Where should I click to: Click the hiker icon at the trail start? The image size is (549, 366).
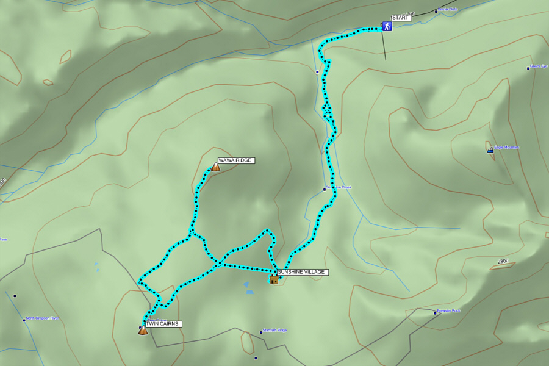tap(387, 26)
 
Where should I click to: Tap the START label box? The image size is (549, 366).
tap(401, 18)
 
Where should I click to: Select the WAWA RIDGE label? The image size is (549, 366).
tap(235, 160)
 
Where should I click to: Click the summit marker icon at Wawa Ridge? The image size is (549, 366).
tap(215, 167)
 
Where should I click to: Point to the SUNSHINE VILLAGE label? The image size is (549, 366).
tap(302, 272)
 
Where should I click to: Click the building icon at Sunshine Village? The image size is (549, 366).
tap(274, 279)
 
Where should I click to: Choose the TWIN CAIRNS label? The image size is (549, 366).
tap(163, 324)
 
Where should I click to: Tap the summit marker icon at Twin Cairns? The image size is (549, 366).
tap(143, 331)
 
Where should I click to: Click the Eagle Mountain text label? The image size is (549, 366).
tap(506, 147)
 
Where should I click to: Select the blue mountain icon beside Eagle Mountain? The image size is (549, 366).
tap(490, 150)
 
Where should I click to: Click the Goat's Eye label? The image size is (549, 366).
tap(539, 66)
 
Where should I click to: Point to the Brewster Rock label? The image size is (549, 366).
tap(448, 311)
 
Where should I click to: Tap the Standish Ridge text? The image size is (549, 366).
tap(274, 330)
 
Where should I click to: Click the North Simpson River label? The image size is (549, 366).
tap(42, 318)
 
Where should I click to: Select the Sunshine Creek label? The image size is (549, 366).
tap(339, 187)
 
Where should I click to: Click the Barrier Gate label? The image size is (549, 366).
tap(447, 9)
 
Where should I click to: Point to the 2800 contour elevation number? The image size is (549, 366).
tap(503, 261)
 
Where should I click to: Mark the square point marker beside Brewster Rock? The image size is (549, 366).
tap(435, 313)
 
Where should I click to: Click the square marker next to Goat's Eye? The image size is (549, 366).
tap(528, 68)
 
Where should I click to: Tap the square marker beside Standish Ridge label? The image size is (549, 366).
tap(261, 332)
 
